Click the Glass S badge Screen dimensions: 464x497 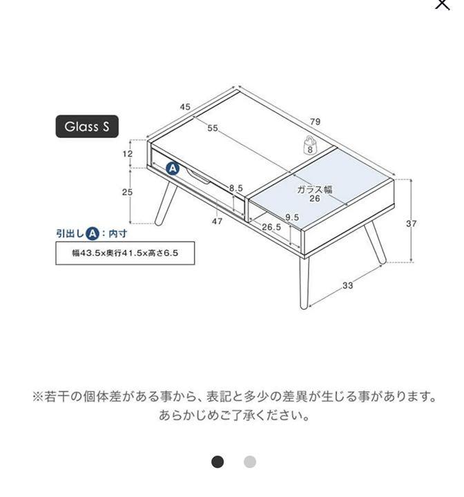(x=87, y=126)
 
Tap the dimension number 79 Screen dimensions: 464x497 (x=316, y=121)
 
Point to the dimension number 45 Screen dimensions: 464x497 (x=185, y=107)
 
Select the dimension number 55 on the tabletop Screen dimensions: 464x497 (x=213, y=128)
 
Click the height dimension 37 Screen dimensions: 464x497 (x=412, y=224)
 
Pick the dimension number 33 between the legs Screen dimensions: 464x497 (x=347, y=285)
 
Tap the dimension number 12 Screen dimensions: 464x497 (x=128, y=154)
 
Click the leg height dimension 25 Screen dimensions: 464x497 (x=127, y=192)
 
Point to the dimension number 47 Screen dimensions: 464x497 (x=217, y=222)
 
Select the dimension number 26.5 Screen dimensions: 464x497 (x=271, y=227)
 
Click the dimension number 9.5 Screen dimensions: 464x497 (x=292, y=217)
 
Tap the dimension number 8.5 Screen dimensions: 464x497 (x=236, y=188)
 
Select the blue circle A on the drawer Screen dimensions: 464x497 (x=173, y=168)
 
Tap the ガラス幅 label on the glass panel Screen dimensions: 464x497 (x=315, y=190)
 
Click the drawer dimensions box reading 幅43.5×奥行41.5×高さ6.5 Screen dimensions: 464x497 (x=125, y=253)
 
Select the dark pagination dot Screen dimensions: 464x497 (x=217, y=462)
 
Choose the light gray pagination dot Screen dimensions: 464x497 (x=250, y=462)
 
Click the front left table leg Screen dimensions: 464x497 (x=304, y=282)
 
